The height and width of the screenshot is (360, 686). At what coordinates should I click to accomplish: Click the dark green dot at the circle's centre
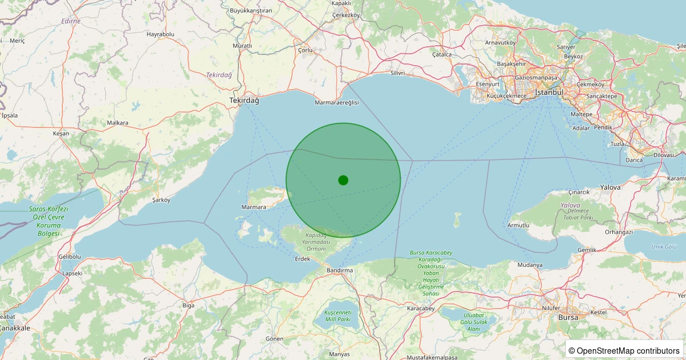[x=343, y=180]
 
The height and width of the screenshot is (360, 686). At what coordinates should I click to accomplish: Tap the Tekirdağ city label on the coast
[x=244, y=101]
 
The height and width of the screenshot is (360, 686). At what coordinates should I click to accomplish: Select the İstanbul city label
[x=549, y=93]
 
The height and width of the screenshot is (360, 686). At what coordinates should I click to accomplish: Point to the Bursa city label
[x=568, y=317]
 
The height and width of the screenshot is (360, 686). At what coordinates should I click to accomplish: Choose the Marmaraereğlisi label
[x=337, y=102]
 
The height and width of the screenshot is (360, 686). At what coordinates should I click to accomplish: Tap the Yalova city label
[x=610, y=187]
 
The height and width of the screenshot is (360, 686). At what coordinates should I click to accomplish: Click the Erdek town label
[x=302, y=259]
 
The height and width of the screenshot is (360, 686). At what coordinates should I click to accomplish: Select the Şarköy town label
[x=162, y=200]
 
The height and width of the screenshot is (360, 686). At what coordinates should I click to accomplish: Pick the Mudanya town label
[x=530, y=265]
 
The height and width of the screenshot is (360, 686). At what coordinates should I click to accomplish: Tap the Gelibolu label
[x=69, y=257]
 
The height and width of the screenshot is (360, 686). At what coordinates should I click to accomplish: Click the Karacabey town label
[x=421, y=309]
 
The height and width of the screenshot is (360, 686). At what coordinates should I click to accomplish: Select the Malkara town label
[x=118, y=123]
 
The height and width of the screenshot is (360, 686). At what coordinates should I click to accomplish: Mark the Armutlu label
[x=519, y=226]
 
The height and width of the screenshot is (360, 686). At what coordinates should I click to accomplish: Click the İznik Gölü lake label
[x=664, y=246]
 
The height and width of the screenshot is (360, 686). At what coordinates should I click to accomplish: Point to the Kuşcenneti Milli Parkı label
[x=337, y=315]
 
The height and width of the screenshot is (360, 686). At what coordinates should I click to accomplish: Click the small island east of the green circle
[x=457, y=219]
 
